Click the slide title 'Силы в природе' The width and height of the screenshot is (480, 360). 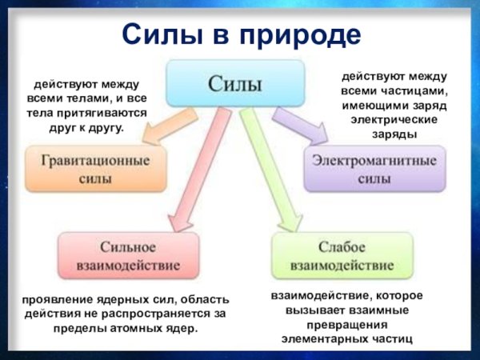click(241, 34)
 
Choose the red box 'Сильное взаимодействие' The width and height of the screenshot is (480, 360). click(129, 255)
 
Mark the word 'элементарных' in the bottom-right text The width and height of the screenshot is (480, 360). click(326, 339)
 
